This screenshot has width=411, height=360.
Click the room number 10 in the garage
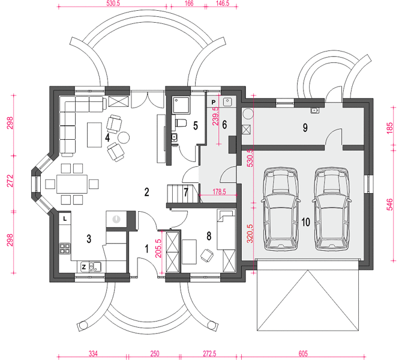tap(305, 222)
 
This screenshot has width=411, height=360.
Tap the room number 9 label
tap(305, 128)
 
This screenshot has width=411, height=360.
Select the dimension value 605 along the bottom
tap(303, 353)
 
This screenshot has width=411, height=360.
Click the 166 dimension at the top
tap(189, 4)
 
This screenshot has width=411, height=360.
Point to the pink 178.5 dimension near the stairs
tap(219, 191)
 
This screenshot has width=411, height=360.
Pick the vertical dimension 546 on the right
tap(389, 205)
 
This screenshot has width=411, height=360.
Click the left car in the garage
tap(280, 209)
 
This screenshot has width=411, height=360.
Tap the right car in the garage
tap(332, 209)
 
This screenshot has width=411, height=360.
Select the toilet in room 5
tap(181, 123)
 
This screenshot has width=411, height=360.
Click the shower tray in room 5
tap(181, 105)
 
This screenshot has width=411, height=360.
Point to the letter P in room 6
tap(214, 102)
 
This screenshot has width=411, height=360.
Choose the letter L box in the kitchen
tap(65, 218)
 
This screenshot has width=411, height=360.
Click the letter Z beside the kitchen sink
tap(84, 267)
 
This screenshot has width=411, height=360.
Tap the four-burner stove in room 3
tap(65, 248)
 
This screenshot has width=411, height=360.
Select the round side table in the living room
tap(123, 137)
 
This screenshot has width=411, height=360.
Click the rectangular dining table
tap(72, 184)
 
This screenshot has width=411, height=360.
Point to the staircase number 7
tap(186, 192)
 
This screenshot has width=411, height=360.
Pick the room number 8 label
tap(209, 236)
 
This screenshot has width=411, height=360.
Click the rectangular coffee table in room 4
tap(94, 135)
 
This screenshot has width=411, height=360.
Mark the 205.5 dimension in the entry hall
tap(158, 248)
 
